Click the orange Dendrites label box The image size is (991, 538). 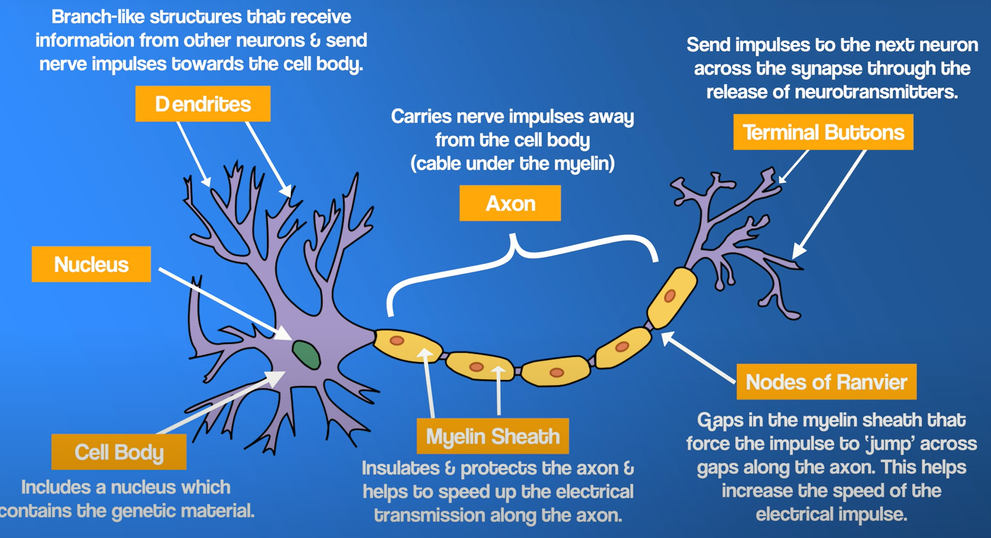203,104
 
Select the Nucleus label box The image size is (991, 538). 91,264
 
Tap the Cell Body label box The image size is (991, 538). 119,452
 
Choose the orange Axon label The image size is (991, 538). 510,203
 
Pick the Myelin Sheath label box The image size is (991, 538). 493,436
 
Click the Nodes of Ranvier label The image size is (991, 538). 826,382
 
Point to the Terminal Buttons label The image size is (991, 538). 823,132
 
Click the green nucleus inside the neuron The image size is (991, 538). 306,354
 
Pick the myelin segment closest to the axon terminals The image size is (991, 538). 672,297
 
